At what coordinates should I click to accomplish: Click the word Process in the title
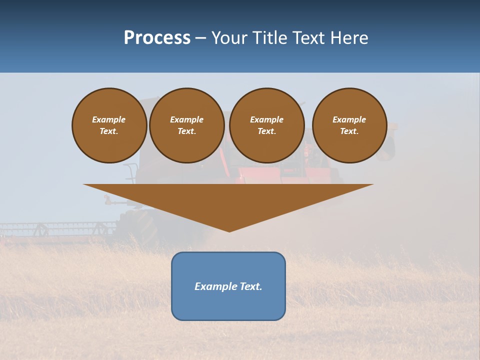click(157, 37)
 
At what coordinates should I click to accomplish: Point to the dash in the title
click(200, 38)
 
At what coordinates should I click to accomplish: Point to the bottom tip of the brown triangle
click(229, 230)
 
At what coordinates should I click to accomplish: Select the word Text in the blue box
click(250, 286)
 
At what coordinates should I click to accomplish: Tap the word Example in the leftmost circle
click(109, 119)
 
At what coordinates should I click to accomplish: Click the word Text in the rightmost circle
click(348, 131)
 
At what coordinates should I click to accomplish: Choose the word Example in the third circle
click(266, 119)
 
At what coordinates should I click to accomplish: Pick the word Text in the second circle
click(186, 131)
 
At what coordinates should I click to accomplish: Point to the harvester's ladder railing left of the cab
click(130, 172)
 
